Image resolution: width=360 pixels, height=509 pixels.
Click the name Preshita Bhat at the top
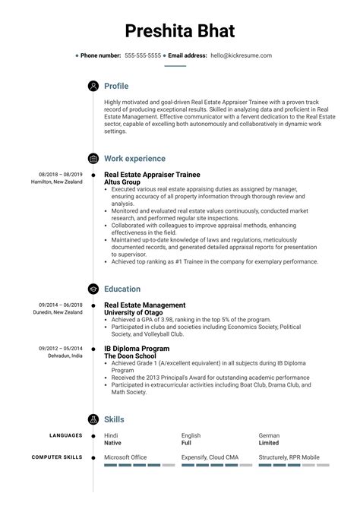[179, 32]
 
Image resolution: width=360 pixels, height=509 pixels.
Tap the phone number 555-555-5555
[143, 55]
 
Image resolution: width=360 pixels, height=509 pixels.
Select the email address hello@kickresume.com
[241, 55]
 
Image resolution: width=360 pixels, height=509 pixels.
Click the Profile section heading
[116, 86]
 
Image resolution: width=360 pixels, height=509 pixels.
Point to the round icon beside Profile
[93, 86]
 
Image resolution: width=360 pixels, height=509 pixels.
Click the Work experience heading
[134, 159]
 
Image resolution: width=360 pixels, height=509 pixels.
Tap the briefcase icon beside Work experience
[93, 159]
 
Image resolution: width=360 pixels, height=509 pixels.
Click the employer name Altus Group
[124, 183]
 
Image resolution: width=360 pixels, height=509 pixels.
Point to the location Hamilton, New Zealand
[57, 182]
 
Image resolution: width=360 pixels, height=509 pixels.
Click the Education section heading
[122, 289]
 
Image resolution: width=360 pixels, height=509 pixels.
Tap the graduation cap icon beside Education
[93, 289]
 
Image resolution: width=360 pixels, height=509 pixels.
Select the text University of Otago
[136, 312]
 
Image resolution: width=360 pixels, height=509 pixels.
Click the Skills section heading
[114, 419]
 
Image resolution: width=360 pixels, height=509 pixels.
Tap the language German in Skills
[269, 436]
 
